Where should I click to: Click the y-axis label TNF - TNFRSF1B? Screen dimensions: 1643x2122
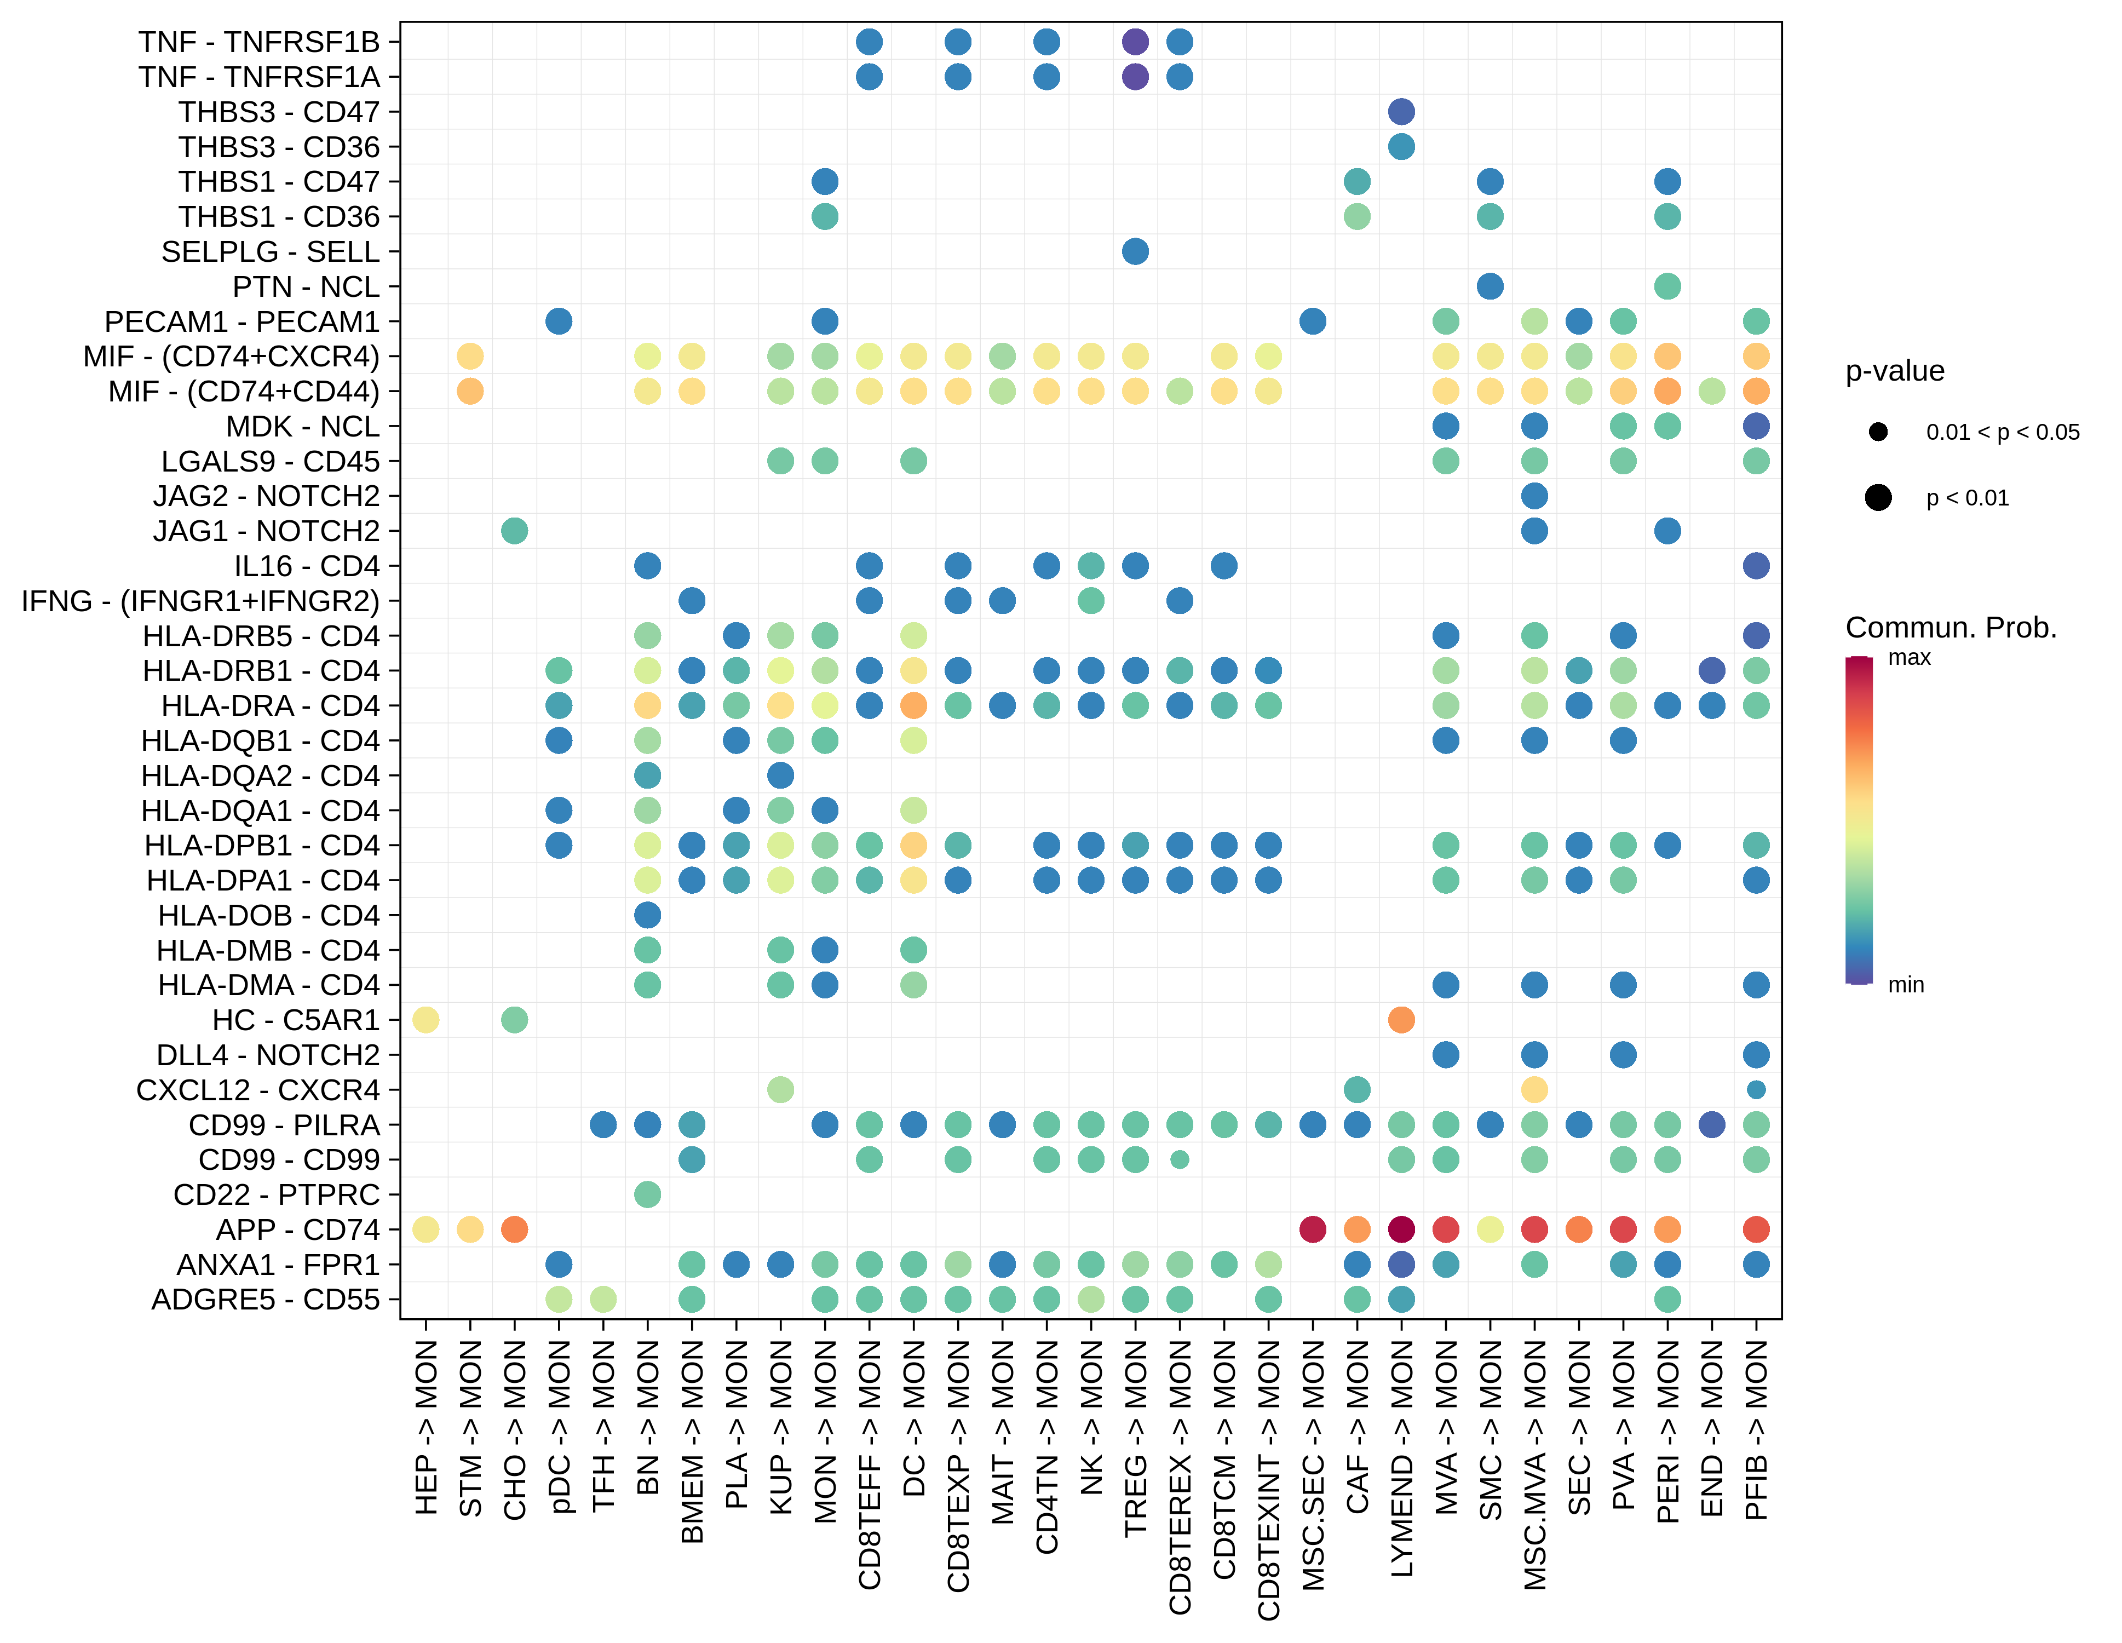click(258, 42)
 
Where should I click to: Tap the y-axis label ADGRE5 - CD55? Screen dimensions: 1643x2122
click(265, 1299)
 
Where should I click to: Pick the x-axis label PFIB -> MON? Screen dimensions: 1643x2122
click(1756, 1430)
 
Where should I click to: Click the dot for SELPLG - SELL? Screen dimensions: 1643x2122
click(1135, 251)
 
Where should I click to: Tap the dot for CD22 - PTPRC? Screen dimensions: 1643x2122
click(647, 1194)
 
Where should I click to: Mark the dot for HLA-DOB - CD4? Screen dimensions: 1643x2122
click(647, 915)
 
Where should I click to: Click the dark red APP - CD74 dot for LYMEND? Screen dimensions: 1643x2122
click(1401, 1229)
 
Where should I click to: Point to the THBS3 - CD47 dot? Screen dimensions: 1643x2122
click(1401, 112)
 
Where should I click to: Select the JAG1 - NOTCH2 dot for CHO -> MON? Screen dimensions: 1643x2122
click(514, 531)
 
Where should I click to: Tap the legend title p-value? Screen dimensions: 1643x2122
click(1895, 371)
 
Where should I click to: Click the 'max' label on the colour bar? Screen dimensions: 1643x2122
click(1908, 658)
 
